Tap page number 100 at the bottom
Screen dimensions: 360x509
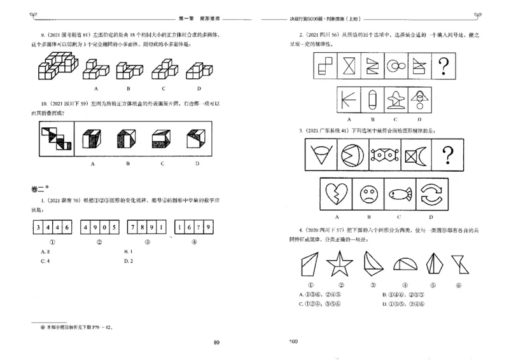293,342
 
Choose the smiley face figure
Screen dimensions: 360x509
366,193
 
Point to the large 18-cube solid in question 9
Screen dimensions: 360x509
55,67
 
